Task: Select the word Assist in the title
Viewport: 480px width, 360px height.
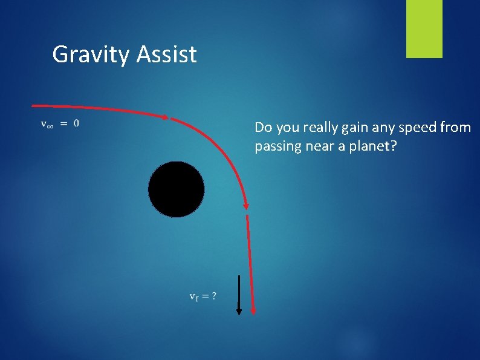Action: click(167, 54)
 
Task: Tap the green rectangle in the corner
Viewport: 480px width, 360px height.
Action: click(424, 29)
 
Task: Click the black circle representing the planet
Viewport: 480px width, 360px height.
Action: click(176, 189)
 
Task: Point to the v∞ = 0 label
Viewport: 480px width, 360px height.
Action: click(59, 123)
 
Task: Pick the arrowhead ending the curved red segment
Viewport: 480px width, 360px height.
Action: click(245, 206)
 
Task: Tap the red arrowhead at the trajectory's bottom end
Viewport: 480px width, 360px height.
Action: click(253, 311)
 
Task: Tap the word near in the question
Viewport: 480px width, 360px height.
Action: click(315, 146)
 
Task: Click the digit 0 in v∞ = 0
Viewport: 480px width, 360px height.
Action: click(76, 123)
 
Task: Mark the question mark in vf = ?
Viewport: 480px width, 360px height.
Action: click(214, 296)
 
